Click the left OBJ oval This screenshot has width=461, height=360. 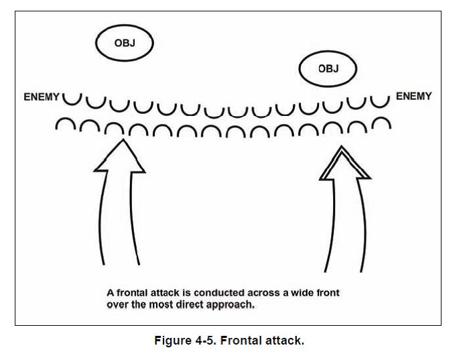(125, 44)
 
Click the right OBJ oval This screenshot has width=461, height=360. (328, 68)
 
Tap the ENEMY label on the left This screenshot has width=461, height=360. (42, 97)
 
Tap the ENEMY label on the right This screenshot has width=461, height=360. (414, 97)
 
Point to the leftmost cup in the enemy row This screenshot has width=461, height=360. (72, 100)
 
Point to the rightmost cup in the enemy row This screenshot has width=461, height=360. (380, 101)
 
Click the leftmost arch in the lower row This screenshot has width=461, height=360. (65, 125)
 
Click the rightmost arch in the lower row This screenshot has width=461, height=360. (381, 124)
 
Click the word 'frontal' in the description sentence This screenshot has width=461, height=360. (133, 293)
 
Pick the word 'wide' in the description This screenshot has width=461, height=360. (286, 293)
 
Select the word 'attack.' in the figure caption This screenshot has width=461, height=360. (287, 341)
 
